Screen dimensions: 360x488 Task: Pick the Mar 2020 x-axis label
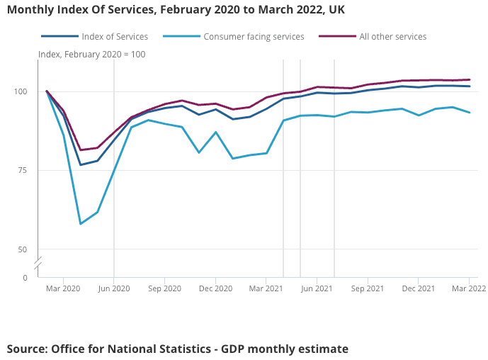[x=63, y=288]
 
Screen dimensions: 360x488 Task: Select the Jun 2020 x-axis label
[x=114, y=288]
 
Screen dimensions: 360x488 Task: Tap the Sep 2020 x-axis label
[x=165, y=288]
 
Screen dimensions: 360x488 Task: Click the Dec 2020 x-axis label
[x=215, y=288]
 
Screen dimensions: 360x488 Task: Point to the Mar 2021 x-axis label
[x=266, y=288]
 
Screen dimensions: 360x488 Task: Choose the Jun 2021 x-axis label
[x=317, y=288]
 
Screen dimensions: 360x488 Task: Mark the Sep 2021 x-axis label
[x=368, y=288]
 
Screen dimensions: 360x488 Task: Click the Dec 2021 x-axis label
[x=419, y=288]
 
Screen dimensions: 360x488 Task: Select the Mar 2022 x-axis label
[x=469, y=288]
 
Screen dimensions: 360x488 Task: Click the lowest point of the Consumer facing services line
[x=81, y=224]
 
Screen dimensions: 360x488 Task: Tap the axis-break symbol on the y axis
[x=40, y=264]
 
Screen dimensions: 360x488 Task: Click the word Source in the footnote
[x=25, y=349]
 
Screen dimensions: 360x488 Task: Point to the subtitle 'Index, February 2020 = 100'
[x=91, y=55]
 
